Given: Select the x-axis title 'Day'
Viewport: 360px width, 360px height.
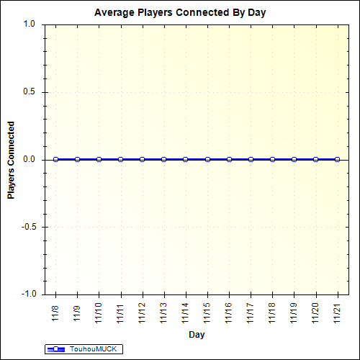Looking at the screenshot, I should pyautogui.click(x=196, y=335).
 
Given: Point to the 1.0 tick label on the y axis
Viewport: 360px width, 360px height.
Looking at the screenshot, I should pyautogui.click(x=30, y=24).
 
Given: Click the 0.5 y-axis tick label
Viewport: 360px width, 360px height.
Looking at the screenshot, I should pyautogui.click(x=30, y=91).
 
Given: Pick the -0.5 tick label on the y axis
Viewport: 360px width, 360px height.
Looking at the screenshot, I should pyautogui.click(x=28, y=227).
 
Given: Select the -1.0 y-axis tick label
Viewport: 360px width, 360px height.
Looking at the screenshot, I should pyautogui.click(x=28, y=294).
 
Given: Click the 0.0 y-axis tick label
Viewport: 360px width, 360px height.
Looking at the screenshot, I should pyautogui.click(x=30, y=159).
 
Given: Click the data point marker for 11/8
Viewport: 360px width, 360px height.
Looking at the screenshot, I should pyautogui.click(x=55, y=159).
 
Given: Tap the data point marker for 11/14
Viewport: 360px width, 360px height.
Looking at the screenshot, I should pyautogui.click(x=186, y=159).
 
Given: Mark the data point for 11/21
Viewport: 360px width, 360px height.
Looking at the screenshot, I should pyautogui.click(x=337, y=159).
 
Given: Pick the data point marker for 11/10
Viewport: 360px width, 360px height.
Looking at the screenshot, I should pyautogui.click(x=99, y=159).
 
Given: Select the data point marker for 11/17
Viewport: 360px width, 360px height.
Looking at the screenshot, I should pyautogui.click(x=251, y=159).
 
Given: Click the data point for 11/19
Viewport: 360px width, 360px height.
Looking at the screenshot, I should pyautogui.click(x=294, y=159).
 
